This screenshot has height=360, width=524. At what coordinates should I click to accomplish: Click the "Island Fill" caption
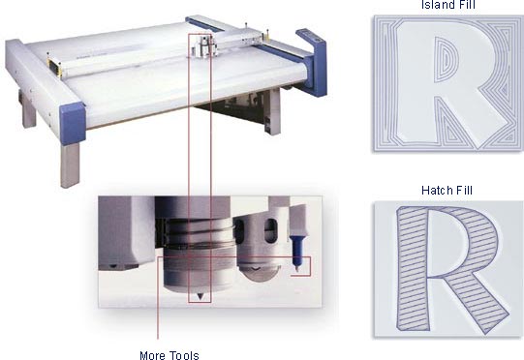point(447,5)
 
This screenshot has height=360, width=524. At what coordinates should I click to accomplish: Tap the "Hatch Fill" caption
point(447,191)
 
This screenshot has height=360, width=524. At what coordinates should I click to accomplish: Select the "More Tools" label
point(170,355)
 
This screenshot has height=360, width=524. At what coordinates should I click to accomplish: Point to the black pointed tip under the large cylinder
point(200,296)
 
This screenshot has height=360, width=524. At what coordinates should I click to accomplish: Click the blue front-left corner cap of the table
point(73,124)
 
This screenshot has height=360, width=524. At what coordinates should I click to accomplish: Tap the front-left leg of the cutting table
point(70,165)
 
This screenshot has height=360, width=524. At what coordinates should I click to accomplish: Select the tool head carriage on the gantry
point(202,45)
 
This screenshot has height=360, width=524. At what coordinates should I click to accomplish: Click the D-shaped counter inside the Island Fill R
point(444,60)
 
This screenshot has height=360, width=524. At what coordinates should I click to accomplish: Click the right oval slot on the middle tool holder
point(270,230)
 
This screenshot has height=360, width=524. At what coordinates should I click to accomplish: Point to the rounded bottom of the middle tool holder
point(259,271)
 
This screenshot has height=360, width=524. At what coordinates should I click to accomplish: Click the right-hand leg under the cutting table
point(274,111)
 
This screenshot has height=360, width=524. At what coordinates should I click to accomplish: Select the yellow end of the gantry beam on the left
point(54,66)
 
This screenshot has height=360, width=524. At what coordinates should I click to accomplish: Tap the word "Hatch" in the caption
point(435,191)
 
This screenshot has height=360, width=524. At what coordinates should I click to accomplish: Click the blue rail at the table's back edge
point(203,24)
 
